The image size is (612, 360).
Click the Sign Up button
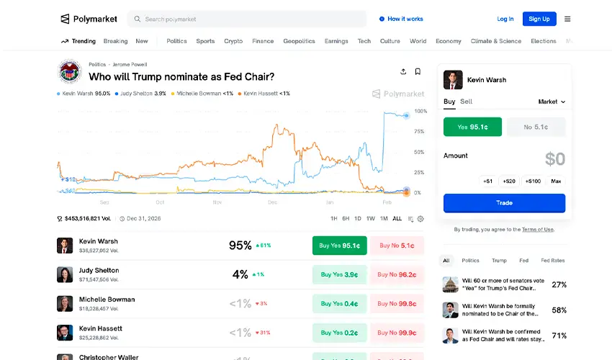[x=539, y=19]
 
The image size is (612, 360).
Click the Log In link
[x=505, y=19]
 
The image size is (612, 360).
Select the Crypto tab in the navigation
[x=233, y=41]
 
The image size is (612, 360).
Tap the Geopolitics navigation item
[x=299, y=41]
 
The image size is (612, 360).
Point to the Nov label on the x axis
[x=217, y=202]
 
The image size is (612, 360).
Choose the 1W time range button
[x=370, y=219]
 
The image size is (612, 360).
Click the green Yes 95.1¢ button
[x=472, y=127]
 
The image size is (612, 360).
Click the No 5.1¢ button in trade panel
[x=536, y=127]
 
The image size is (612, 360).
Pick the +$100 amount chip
[x=533, y=181]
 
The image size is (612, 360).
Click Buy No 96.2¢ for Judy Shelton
[x=397, y=274]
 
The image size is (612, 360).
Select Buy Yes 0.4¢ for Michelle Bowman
[x=340, y=304]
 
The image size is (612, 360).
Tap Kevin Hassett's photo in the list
[x=65, y=333]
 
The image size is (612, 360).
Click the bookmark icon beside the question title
[x=418, y=72]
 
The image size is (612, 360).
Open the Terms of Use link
[x=538, y=230]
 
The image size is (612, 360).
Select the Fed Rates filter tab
[x=553, y=261]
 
